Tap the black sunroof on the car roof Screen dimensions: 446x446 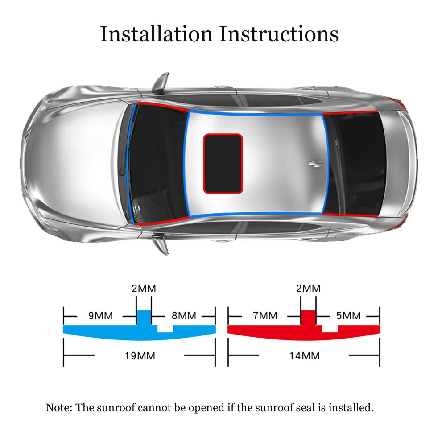223,164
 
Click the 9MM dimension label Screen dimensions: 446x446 100,316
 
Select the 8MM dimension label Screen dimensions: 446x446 184,316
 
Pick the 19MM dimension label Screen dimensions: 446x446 140,355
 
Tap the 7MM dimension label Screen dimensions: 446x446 265,316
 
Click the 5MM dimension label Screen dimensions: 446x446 348,316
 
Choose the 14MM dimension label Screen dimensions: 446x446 304,355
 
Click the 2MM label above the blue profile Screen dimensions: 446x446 144,288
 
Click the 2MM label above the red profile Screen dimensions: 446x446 308,288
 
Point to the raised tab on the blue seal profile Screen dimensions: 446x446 144,317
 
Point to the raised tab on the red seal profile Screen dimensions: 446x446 308,317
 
